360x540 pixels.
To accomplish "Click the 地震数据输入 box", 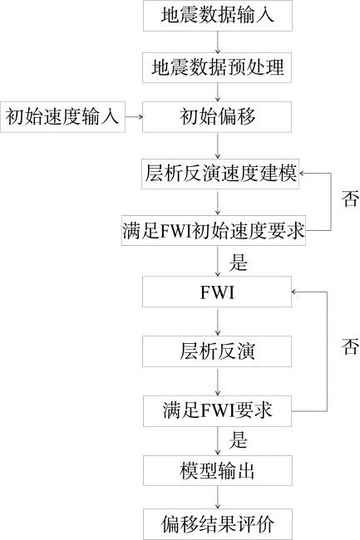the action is [218, 16].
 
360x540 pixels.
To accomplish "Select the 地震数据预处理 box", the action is [217, 67].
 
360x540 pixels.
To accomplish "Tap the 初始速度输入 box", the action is [62, 117].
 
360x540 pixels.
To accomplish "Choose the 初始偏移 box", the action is [217, 117].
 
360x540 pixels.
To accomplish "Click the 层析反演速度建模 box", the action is [220, 174].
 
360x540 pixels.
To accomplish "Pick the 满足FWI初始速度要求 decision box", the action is [214, 230].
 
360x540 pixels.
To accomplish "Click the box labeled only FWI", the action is [217, 292].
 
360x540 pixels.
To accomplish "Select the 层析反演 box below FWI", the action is [217, 351].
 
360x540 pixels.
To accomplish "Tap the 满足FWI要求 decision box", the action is [218, 411].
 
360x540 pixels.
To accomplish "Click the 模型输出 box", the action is [218, 471].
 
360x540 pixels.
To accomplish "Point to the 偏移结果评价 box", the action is [218, 524].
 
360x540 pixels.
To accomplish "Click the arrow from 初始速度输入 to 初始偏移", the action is [134, 117].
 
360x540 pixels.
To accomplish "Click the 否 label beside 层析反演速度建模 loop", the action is [350, 199].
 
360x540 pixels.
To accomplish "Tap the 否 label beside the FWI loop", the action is [350, 346].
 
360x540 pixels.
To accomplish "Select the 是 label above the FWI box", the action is [239, 262].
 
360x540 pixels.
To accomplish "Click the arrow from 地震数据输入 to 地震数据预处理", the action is [217, 42].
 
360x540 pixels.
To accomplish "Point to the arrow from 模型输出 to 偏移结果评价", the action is [218, 498].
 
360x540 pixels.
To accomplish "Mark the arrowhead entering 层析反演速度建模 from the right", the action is [302, 174].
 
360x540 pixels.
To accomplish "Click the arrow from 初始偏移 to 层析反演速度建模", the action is [217, 145].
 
